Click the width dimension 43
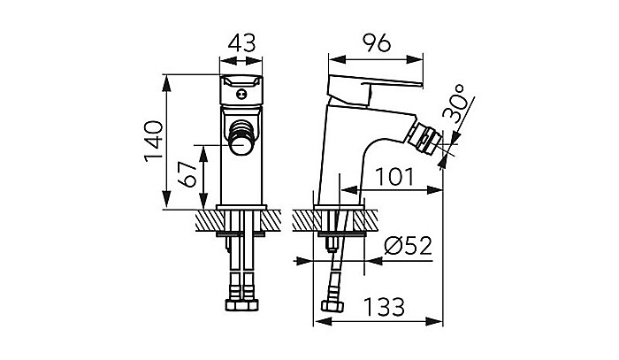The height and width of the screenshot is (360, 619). pos(241,41)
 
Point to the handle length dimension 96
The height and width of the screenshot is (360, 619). pos(375,41)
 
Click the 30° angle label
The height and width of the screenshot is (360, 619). pos(459,104)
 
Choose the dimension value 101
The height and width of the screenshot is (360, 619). pos(393,178)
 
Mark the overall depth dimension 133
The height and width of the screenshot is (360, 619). pos(383,307)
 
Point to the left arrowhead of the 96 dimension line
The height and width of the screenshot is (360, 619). pos(332,60)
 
